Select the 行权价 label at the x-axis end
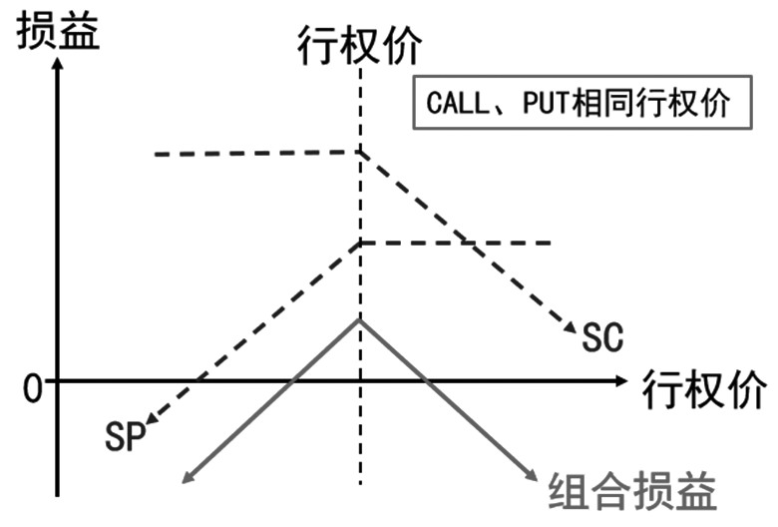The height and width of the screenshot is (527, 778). (x=704, y=385)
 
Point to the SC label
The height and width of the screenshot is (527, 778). (x=602, y=338)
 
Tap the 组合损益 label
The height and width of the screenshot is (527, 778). (x=632, y=491)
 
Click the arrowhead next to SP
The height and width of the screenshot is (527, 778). (x=151, y=419)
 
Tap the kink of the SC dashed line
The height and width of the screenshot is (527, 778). (x=360, y=152)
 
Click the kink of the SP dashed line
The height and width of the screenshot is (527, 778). (x=360, y=243)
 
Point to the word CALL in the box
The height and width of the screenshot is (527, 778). (x=451, y=104)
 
